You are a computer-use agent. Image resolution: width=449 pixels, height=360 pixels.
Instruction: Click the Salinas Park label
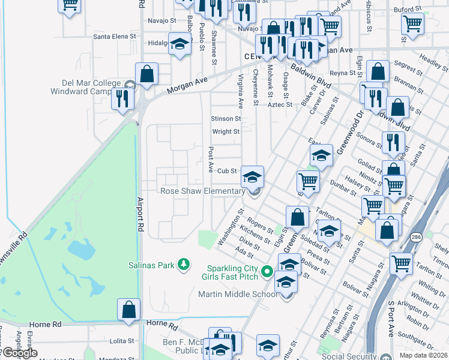(x=151, y=264)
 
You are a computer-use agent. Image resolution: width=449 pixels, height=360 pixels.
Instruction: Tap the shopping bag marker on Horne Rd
(x=129, y=310)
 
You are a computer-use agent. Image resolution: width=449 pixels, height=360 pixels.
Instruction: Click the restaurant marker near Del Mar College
(x=123, y=98)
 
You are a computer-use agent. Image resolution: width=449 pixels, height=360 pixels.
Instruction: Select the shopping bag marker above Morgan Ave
(x=146, y=74)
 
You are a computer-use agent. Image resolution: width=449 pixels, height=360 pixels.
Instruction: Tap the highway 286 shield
(x=416, y=238)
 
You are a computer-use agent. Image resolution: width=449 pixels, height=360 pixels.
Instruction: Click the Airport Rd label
(x=140, y=214)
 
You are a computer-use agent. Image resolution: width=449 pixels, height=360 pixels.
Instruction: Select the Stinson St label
(x=226, y=119)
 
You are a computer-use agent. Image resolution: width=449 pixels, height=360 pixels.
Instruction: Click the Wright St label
(x=226, y=131)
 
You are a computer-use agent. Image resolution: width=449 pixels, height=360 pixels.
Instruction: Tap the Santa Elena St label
(x=115, y=37)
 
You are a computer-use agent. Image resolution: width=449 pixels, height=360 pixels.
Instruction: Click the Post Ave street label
(x=211, y=159)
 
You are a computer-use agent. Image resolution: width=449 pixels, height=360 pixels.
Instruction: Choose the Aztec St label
(x=280, y=104)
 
